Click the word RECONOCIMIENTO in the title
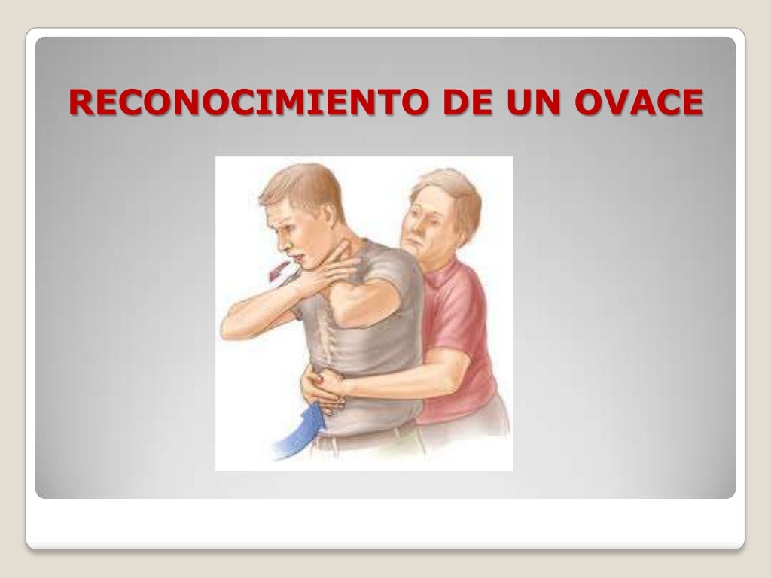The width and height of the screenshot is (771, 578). [x=249, y=103]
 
